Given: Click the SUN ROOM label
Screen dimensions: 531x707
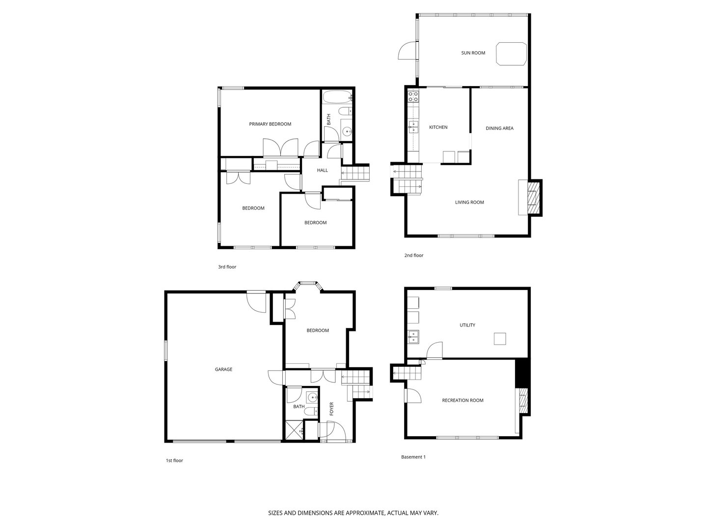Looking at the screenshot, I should coord(473,53).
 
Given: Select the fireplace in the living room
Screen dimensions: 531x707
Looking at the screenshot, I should coord(532,198).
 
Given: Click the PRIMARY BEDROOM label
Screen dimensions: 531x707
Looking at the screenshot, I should coord(270,124).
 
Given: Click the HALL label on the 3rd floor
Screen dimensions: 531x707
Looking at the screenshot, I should coord(322,171).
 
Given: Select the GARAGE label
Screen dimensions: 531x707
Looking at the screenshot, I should coord(223,370).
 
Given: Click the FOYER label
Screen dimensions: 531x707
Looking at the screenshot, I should coord(331,409).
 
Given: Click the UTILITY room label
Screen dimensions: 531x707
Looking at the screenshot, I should coord(467,325).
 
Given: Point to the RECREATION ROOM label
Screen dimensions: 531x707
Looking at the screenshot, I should coord(462,401).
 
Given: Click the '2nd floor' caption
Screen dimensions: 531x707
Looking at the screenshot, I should coord(413,256).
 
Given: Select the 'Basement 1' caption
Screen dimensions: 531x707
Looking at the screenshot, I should coord(413,457).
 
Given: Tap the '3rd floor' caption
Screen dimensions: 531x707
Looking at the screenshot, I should coord(227,267).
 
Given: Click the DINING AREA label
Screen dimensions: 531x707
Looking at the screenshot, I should coord(499,129).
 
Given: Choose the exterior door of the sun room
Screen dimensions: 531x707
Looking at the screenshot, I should coord(407,51).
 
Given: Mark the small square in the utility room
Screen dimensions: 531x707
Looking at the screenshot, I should coord(500,339).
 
